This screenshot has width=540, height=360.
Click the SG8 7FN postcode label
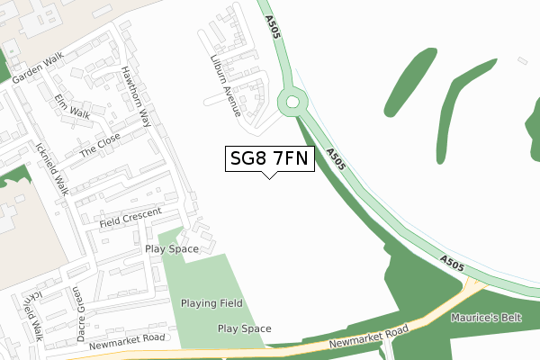click(x=269, y=159)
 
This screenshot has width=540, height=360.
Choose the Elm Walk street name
click(x=72, y=106)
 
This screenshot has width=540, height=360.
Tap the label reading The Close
click(x=99, y=145)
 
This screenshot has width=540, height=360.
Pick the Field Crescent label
click(x=130, y=217)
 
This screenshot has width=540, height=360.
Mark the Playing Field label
click(x=211, y=303)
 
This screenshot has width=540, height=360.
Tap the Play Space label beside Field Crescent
click(x=172, y=247)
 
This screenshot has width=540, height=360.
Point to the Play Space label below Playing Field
click(x=244, y=328)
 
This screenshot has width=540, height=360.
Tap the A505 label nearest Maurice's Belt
click(x=452, y=263)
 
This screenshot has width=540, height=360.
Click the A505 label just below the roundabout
click(x=336, y=158)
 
